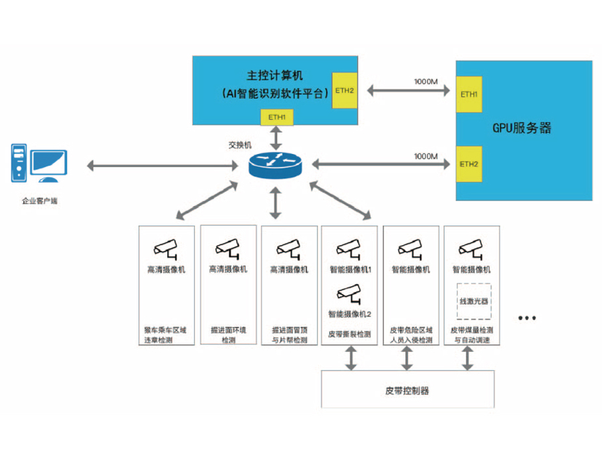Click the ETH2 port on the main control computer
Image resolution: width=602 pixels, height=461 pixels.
pos(344,90)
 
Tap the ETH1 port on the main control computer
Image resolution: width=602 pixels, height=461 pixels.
pos(277,117)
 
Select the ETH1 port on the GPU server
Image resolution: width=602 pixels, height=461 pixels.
pos(469,94)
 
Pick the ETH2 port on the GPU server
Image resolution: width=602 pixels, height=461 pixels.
pos(469,163)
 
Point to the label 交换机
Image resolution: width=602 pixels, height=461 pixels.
pos(240,144)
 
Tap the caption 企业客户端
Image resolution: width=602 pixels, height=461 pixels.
pos(39,200)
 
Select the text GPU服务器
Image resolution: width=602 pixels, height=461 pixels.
pos(522,128)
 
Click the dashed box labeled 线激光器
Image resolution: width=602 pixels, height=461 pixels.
pos(474,300)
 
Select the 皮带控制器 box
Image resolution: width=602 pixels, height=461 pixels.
pos(407,389)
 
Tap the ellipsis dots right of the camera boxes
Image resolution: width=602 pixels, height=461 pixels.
pos(527,316)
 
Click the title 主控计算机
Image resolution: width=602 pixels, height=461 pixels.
pos(275,76)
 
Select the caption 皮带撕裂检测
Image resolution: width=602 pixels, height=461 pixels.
pos(349,334)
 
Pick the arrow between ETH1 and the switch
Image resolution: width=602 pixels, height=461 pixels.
pos(276,138)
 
